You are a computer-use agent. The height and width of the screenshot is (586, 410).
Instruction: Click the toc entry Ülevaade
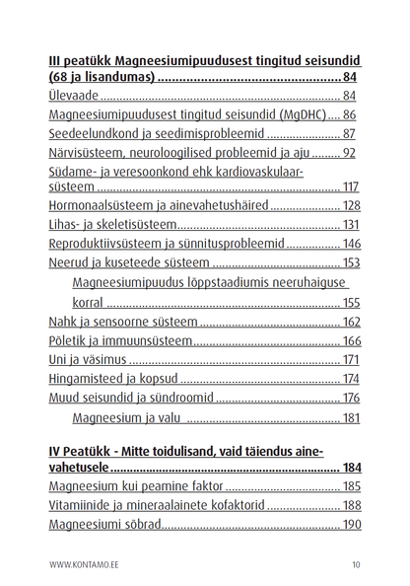(x=75, y=97)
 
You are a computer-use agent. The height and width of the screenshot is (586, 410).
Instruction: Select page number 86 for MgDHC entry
(x=347, y=115)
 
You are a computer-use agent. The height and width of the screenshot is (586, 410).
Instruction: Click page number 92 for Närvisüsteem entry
(x=347, y=153)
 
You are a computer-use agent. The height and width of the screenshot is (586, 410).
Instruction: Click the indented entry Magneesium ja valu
(x=129, y=418)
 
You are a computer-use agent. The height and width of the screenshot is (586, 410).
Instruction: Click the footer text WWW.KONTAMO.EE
(x=84, y=565)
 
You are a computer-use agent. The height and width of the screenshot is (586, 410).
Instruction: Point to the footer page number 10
(x=355, y=565)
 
